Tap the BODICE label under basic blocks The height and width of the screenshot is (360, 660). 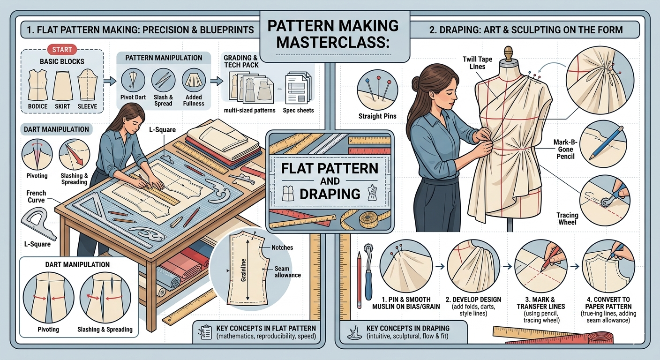(37, 106)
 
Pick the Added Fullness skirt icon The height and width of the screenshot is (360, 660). (193, 80)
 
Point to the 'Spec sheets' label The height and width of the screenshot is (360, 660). (298, 111)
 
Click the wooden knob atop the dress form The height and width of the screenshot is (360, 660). (507, 50)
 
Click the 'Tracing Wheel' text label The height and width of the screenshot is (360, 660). (567, 219)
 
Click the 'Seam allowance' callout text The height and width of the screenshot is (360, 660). (288, 271)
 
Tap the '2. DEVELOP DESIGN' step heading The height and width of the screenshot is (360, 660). (473, 300)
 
